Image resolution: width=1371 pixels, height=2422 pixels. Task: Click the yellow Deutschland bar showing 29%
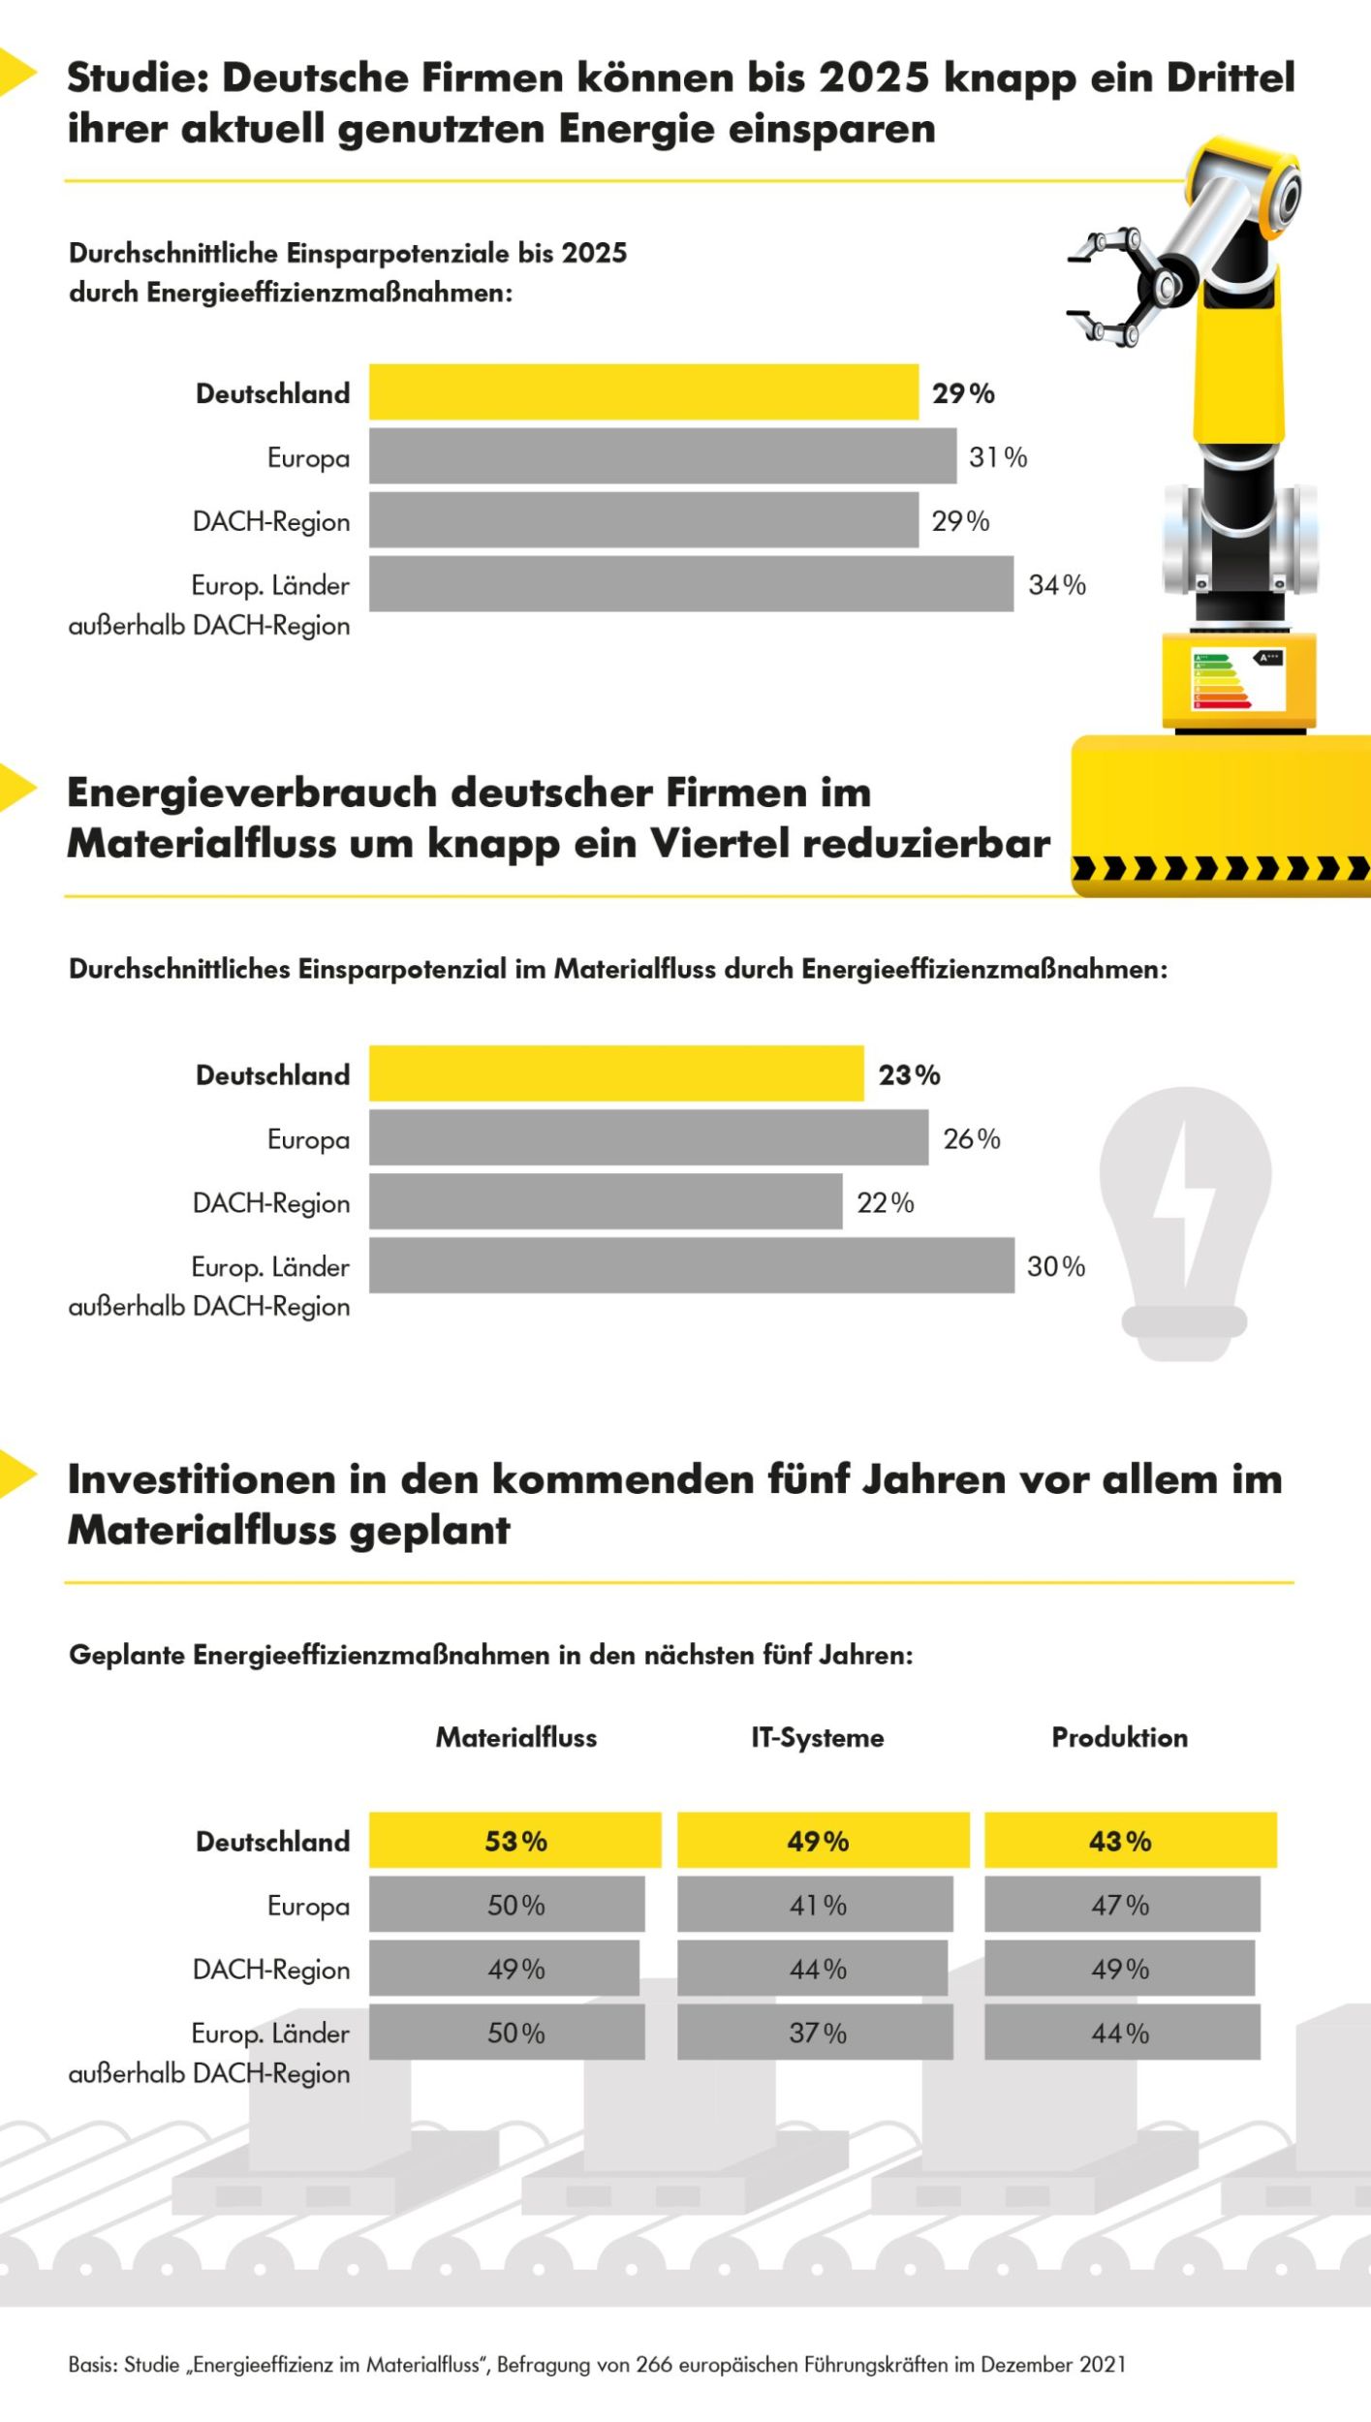coord(643,392)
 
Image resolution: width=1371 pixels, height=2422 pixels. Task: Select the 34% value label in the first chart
coord(1056,584)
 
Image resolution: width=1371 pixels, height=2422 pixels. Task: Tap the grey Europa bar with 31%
coord(663,456)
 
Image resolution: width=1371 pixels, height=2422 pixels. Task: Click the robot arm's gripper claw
coord(1114,286)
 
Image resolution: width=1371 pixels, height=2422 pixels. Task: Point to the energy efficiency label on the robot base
coord(1237,681)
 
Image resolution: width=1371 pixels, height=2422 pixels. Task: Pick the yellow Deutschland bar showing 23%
coord(616,1073)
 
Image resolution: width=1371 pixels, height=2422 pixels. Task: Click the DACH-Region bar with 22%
coord(606,1201)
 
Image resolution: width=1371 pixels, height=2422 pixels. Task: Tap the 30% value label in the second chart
coord(1055,1265)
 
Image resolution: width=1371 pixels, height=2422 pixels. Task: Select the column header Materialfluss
coord(515,1737)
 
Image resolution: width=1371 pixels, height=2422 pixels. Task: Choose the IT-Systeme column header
coord(817,1737)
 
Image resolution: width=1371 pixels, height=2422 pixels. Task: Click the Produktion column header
coord(1119,1737)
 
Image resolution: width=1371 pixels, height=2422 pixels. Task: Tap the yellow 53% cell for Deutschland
coord(515,1841)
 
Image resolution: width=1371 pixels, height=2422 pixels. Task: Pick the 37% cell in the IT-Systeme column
coord(816,2033)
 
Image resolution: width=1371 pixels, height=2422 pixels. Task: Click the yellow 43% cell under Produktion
coord(1130,1841)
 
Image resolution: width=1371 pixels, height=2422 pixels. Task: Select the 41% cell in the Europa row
coord(816,1905)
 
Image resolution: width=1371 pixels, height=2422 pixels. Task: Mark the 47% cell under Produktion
coord(1121,1905)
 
